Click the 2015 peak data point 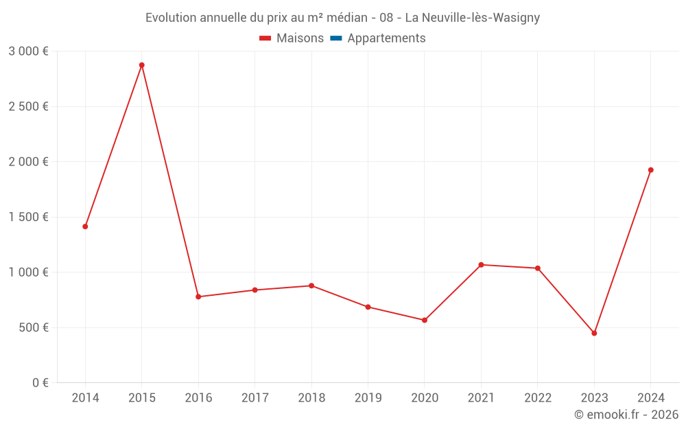(x=142, y=65)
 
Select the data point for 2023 (x=594, y=334)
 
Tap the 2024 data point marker (x=651, y=170)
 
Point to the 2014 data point (x=85, y=227)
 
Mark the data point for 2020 (x=425, y=321)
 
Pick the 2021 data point (x=481, y=265)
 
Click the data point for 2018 (x=311, y=286)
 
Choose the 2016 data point (x=198, y=297)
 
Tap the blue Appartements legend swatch (x=336, y=38)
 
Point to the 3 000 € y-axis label (x=28, y=51)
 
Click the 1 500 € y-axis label (x=28, y=217)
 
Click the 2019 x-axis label (x=368, y=398)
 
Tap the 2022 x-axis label (x=538, y=398)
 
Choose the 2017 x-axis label (x=255, y=398)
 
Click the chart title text (x=342, y=18)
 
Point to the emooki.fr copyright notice (x=626, y=415)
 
